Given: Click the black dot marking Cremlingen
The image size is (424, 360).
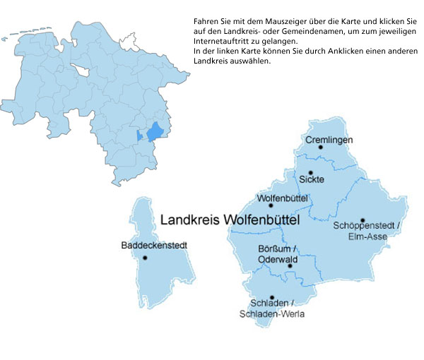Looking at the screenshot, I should click(x=320, y=148).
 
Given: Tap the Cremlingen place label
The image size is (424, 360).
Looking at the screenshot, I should click(x=329, y=140).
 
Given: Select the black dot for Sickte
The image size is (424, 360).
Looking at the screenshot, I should click(x=310, y=172).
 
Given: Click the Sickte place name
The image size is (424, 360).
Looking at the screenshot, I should click(x=312, y=180).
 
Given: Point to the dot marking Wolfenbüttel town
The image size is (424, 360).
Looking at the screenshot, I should click(x=271, y=205).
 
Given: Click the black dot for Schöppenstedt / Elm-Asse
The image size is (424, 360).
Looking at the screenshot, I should click(x=363, y=220).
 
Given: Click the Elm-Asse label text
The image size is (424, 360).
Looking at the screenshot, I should click(x=367, y=236).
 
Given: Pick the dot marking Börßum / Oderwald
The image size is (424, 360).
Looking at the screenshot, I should click(x=290, y=266).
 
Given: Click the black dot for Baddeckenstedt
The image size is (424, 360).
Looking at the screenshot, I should click(x=145, y=258).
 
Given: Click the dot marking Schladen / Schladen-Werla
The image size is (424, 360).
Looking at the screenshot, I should click(x=272, y=298).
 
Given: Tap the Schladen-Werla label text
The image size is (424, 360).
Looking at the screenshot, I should click(x=272, y=314).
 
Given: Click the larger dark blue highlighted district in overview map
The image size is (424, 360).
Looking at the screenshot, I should click(x=155, y=131).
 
